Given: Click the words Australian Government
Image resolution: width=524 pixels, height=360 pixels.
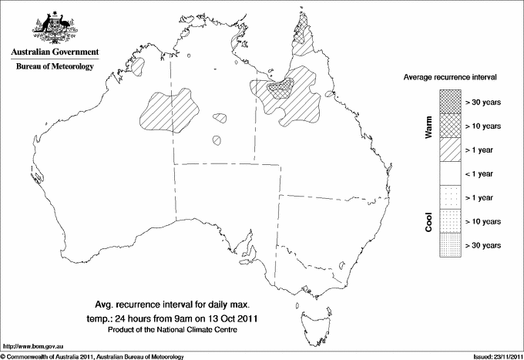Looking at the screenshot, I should (x=54, y=52).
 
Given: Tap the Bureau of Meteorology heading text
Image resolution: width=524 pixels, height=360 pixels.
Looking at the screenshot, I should (x=54, y=67).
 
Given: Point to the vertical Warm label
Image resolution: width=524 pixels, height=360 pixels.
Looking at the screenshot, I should (x=429, y=126).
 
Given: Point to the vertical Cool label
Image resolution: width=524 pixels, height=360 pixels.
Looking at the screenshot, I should (x=429, y=221).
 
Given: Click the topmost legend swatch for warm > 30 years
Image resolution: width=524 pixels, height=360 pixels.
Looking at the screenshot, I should (x=450, y=102).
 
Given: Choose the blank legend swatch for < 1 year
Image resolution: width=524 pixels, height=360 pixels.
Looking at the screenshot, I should (x=450, y=173).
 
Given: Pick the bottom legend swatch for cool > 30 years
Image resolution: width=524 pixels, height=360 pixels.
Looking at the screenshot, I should (x=450, y=245).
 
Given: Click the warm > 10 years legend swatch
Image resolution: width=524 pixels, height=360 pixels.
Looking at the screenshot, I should (x=450, y=126).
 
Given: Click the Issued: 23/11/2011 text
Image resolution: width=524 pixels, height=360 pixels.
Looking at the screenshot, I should (x=494, y=356).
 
